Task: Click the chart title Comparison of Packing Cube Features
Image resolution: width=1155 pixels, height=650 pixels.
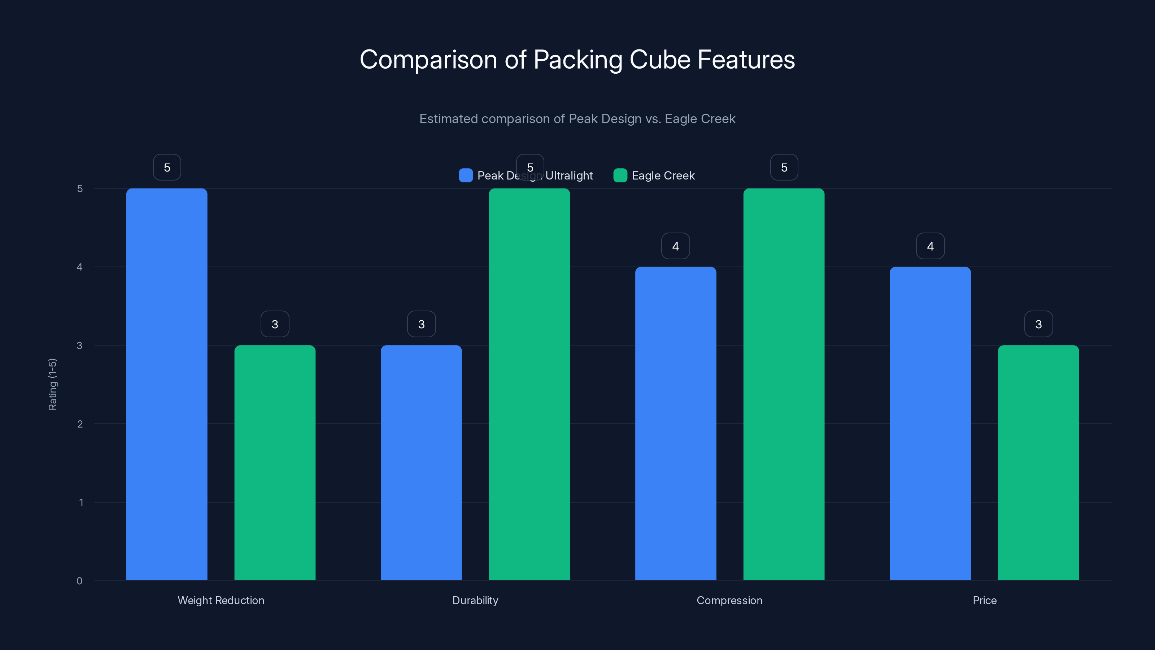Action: tap(577, 60)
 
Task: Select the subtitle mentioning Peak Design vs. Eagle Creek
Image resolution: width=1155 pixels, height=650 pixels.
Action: tap(577, 119)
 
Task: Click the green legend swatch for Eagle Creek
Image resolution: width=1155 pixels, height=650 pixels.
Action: tap(620, 175)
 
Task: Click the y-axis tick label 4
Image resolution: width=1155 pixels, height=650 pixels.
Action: tap(79, 267)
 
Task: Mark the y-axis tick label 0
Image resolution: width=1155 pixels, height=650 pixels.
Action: tap(79, 581)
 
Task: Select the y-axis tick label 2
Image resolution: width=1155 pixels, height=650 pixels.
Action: tap(80, 424)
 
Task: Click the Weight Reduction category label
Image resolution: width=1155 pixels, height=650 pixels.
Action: tap(221, 600)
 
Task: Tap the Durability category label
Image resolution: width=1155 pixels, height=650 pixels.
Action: tap(475, 600)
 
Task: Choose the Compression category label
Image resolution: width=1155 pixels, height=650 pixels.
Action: tap(729, 600)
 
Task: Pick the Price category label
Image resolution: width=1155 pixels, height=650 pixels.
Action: tap(985, 600)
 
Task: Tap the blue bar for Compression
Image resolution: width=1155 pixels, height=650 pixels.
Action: tap(676, 424)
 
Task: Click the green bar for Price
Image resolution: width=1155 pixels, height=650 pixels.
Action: tap(1038, 463)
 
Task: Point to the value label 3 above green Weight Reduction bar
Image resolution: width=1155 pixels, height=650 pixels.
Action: tap(275, 324)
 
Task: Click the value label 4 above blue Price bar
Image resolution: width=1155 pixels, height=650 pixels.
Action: tap(930, 246)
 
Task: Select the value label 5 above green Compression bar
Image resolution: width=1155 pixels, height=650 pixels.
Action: tap(784, 167)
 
